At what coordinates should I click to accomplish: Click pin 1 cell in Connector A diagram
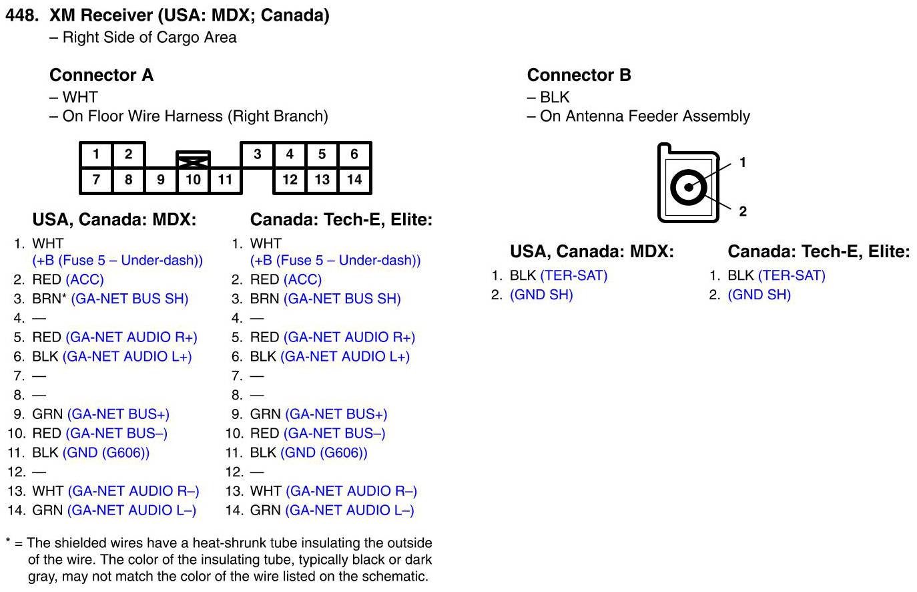[96, 154]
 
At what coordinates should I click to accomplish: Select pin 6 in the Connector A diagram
[354, 154]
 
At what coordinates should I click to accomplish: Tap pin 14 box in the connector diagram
[354, 180]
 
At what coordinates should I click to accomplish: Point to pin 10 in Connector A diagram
[193, 180]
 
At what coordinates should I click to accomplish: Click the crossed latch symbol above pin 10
[193, 160]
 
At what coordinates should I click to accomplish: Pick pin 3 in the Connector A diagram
[257, 154]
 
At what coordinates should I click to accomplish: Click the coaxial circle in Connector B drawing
[688, 187]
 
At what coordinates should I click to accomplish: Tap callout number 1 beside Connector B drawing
[743, 162]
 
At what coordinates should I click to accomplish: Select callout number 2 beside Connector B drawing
[743, 211]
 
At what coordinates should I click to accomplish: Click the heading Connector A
[101, 75]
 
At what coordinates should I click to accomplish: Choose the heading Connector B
[579, 75]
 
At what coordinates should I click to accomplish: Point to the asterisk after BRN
[64, 297]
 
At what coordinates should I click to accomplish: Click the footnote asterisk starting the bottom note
[8, 542]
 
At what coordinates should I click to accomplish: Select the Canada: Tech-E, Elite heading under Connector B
[818, 252]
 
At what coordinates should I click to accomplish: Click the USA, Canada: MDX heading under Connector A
[114, 220]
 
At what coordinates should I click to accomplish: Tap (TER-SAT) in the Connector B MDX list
[574, 275]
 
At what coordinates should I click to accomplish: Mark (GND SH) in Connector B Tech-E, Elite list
[759, 295]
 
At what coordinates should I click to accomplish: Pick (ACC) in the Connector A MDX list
[85, 279]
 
